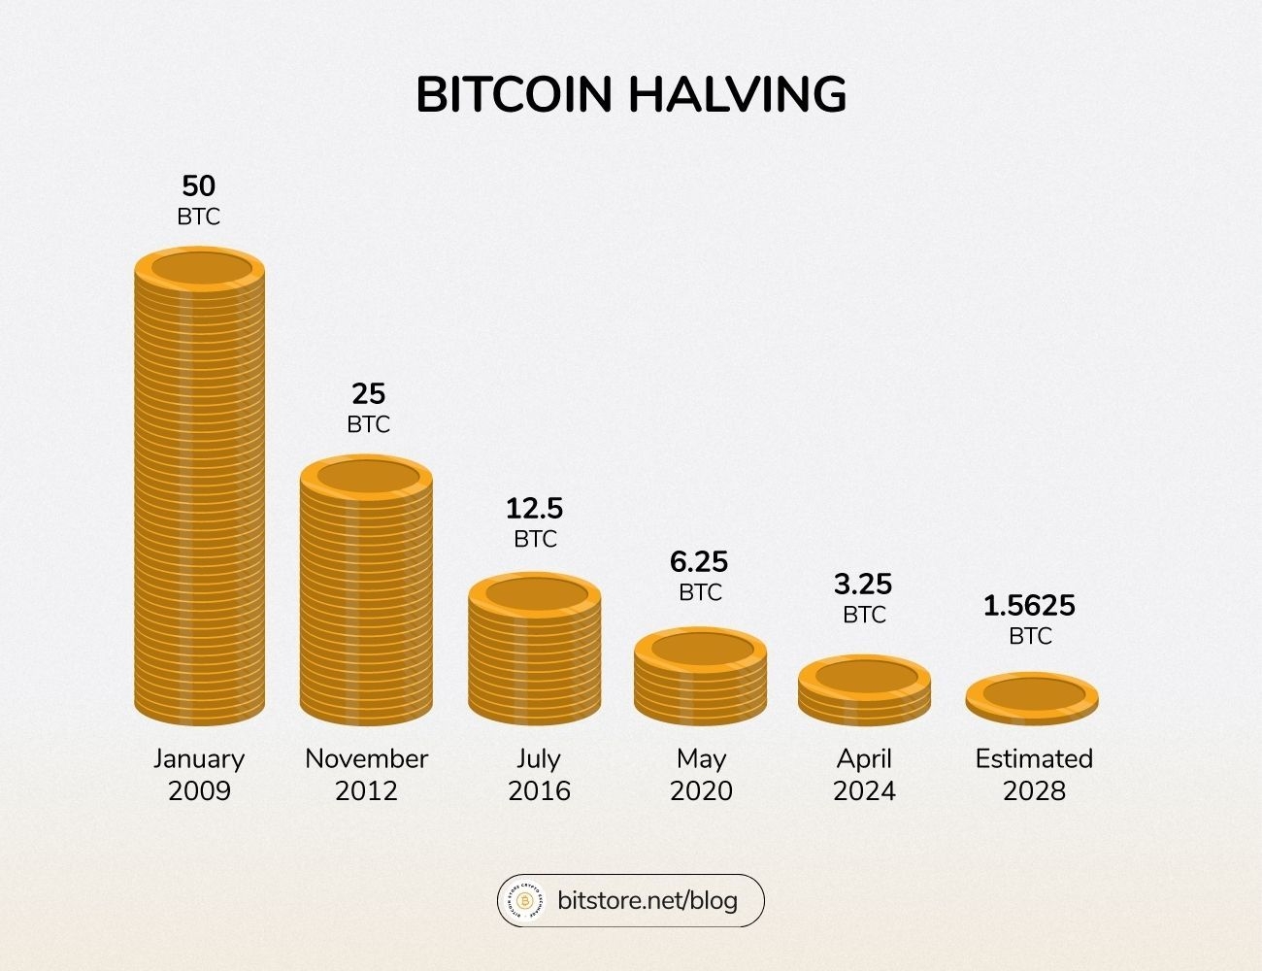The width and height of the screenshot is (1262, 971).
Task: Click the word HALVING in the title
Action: [737, 95]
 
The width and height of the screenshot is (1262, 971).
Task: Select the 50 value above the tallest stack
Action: [199, 185]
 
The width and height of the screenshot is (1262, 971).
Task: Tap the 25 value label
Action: [368, 393]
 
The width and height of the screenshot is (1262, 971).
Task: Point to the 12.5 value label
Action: [534, 508]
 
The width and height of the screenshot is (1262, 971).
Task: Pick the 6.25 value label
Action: [699, 561]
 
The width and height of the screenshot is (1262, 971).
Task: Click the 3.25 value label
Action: [863, 584]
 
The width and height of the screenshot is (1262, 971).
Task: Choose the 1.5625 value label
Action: [1029, 606]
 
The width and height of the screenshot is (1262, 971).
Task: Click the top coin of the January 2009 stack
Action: [199, 269]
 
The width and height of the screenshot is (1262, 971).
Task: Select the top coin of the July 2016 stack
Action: [535, 594]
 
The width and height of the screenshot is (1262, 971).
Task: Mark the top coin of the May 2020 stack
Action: [700, 648]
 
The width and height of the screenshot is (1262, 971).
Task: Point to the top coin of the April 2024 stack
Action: [865, 676]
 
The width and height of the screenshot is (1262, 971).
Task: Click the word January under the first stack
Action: [199, 758]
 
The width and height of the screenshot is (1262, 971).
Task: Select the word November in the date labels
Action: [367, 758]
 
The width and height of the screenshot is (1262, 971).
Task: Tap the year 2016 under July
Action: [540, 791]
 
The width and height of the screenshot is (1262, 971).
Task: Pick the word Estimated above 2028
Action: [1034, 758]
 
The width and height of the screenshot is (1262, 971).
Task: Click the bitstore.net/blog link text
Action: [648, 900]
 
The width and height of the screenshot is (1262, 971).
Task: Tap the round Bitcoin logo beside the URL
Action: [524, 901]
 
